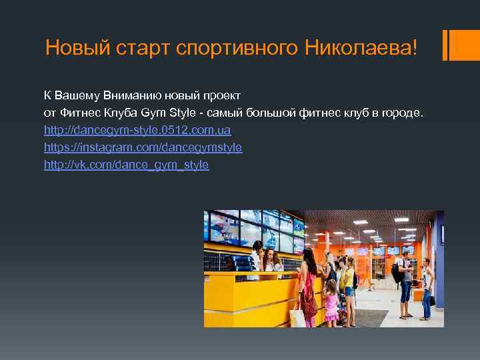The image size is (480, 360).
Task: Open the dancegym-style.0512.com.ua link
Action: (137, 130)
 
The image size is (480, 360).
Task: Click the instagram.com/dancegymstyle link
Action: (143, 147)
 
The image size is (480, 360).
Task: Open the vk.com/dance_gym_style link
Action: (126, 164)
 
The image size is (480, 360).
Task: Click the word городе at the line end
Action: (399, 113)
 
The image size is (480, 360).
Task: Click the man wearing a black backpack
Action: (404, 280)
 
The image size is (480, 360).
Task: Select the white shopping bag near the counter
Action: (297, 316)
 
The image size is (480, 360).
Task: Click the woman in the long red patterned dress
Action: (308, 290)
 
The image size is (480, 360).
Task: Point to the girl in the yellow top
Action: (347, 280)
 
